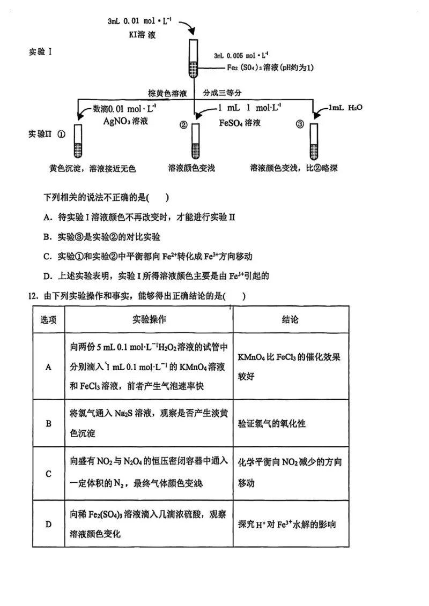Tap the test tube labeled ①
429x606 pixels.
click(78, 140)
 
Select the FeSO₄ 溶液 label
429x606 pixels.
click(240, 123)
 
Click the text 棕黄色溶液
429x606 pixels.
click(168, 93)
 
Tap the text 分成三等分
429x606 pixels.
click(222, 93)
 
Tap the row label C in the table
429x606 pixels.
click(48, 474)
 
